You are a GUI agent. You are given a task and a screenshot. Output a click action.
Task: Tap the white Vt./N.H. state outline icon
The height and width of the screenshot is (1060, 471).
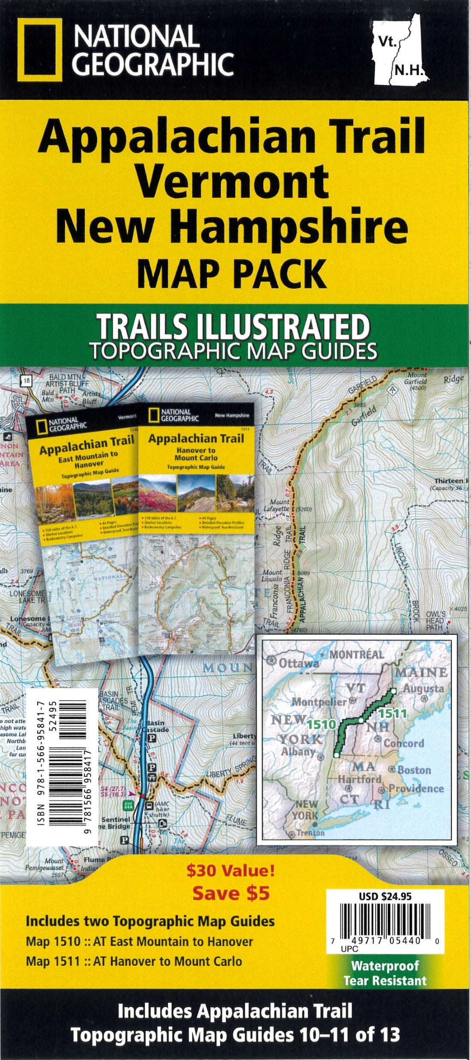pos(400,52)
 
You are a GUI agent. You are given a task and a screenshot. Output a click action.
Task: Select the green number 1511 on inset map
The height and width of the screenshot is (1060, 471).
pos(392,714)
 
